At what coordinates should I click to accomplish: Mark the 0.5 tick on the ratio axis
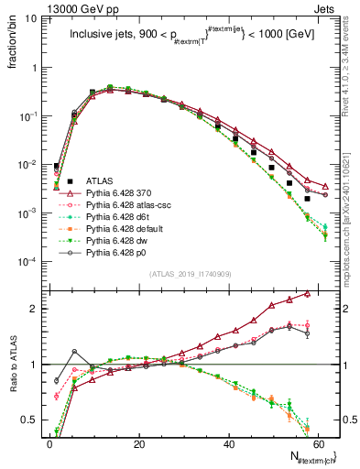pyautogui.click(x=32, y=420)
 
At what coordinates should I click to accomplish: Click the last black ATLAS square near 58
pyautogui.click(x=308, y=198)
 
